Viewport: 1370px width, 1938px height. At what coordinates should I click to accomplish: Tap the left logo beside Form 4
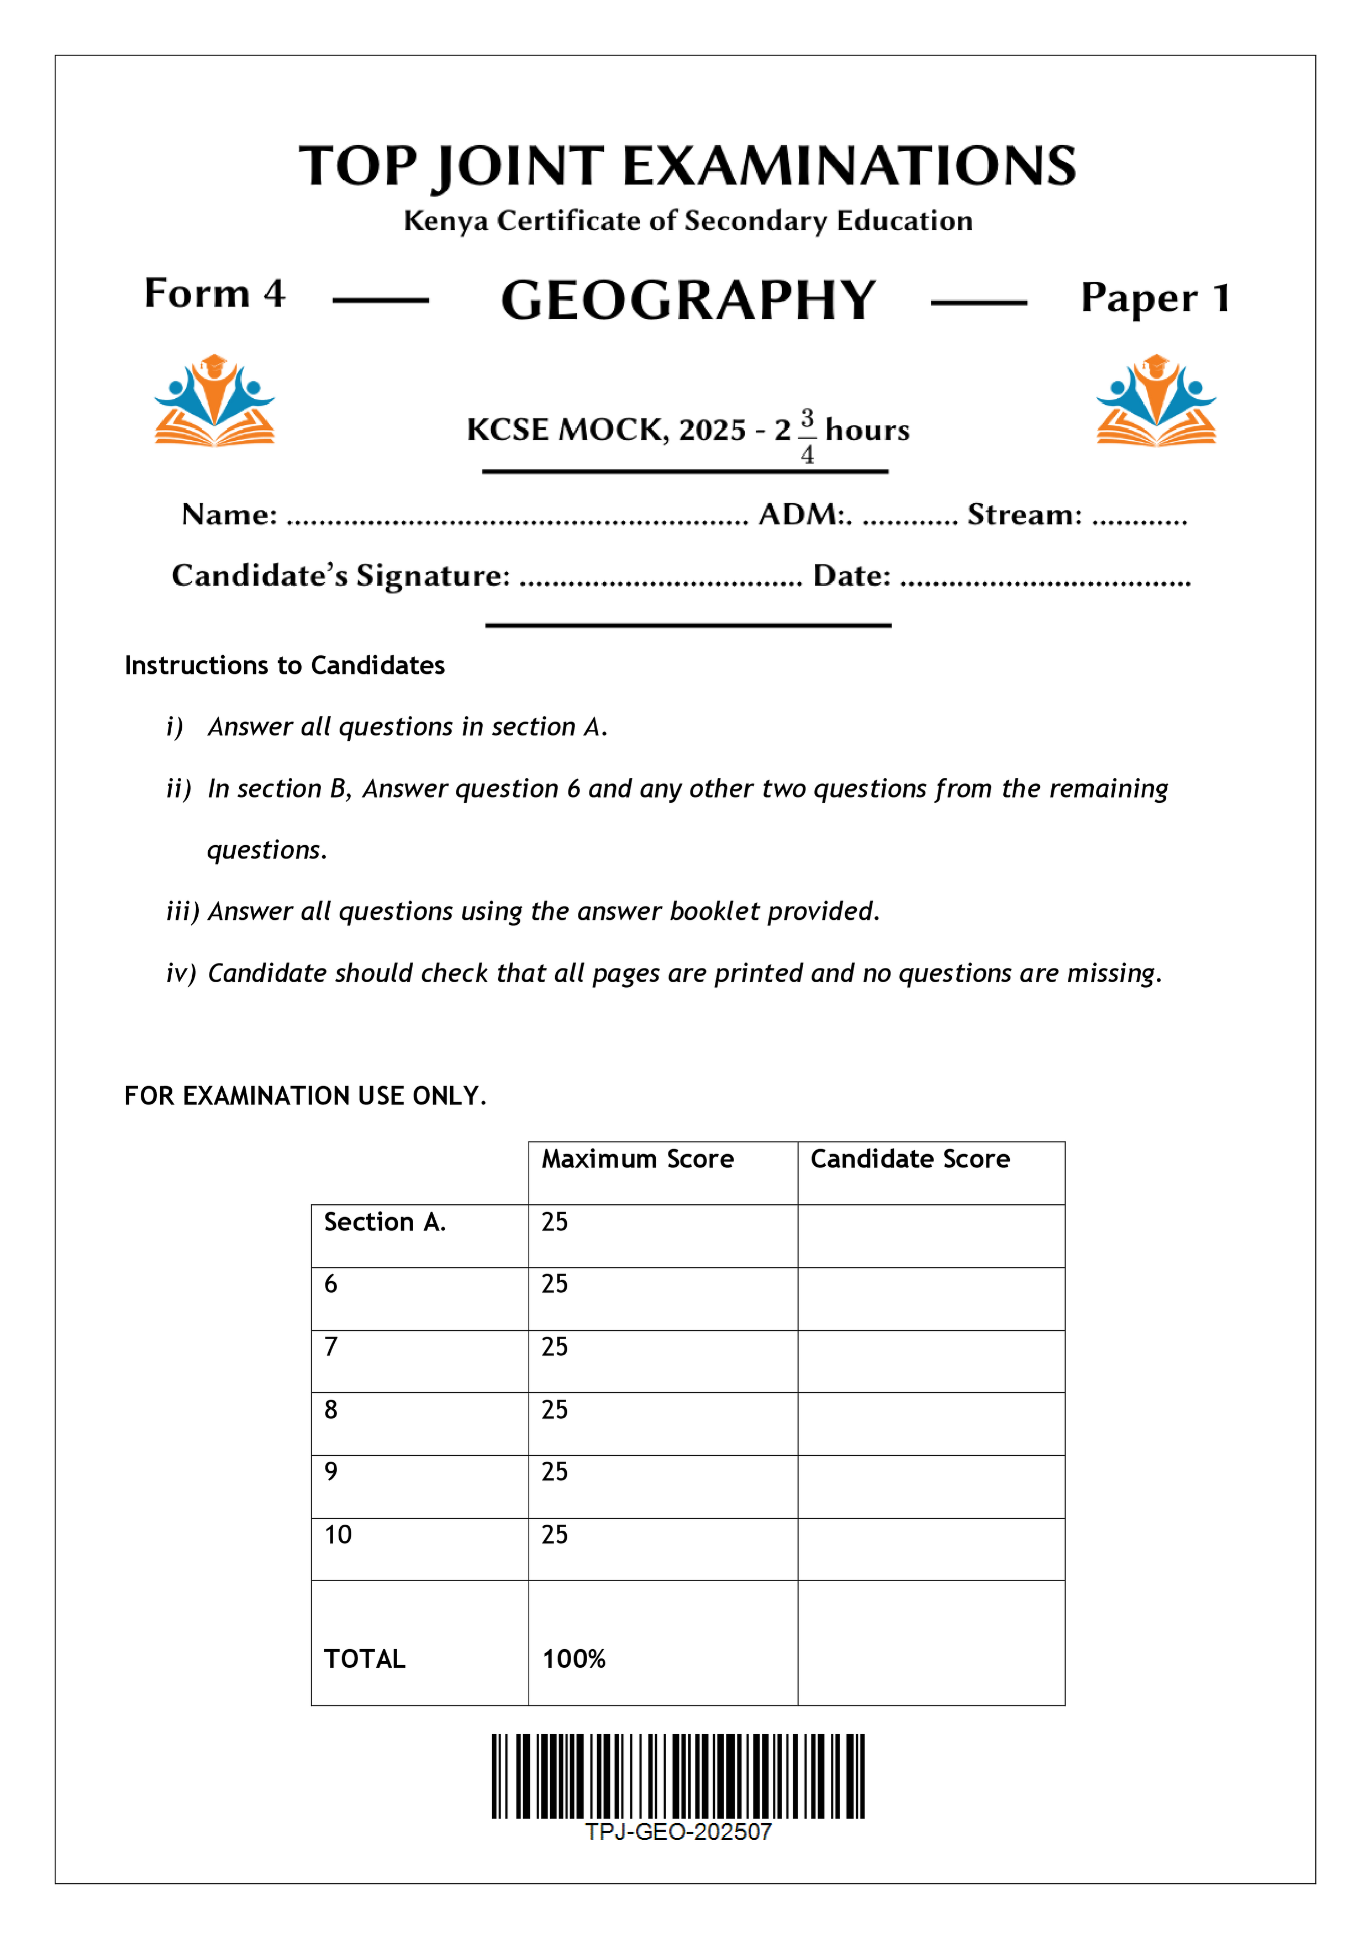point(214,400)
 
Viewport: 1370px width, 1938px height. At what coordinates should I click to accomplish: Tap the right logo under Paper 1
point(1156,400)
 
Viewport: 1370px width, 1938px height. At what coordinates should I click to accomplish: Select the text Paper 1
point(1155,298)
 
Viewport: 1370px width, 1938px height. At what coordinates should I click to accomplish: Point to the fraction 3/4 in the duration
point(807,435)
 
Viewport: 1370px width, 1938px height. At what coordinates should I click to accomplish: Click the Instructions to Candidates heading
point(284,665)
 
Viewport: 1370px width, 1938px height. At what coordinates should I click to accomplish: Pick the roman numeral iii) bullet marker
point(182,911)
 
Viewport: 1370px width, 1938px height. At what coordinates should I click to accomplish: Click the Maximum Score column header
point(637,1159)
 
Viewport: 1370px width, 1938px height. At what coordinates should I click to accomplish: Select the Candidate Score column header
point(909,1159)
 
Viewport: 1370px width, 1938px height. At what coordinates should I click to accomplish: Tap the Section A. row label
point(384,1221)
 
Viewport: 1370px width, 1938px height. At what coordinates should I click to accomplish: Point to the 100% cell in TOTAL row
point(574,1658)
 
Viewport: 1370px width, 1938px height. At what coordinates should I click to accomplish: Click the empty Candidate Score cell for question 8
point(930,1424)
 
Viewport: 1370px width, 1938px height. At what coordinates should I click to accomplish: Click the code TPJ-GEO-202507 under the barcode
point(678,1831)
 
